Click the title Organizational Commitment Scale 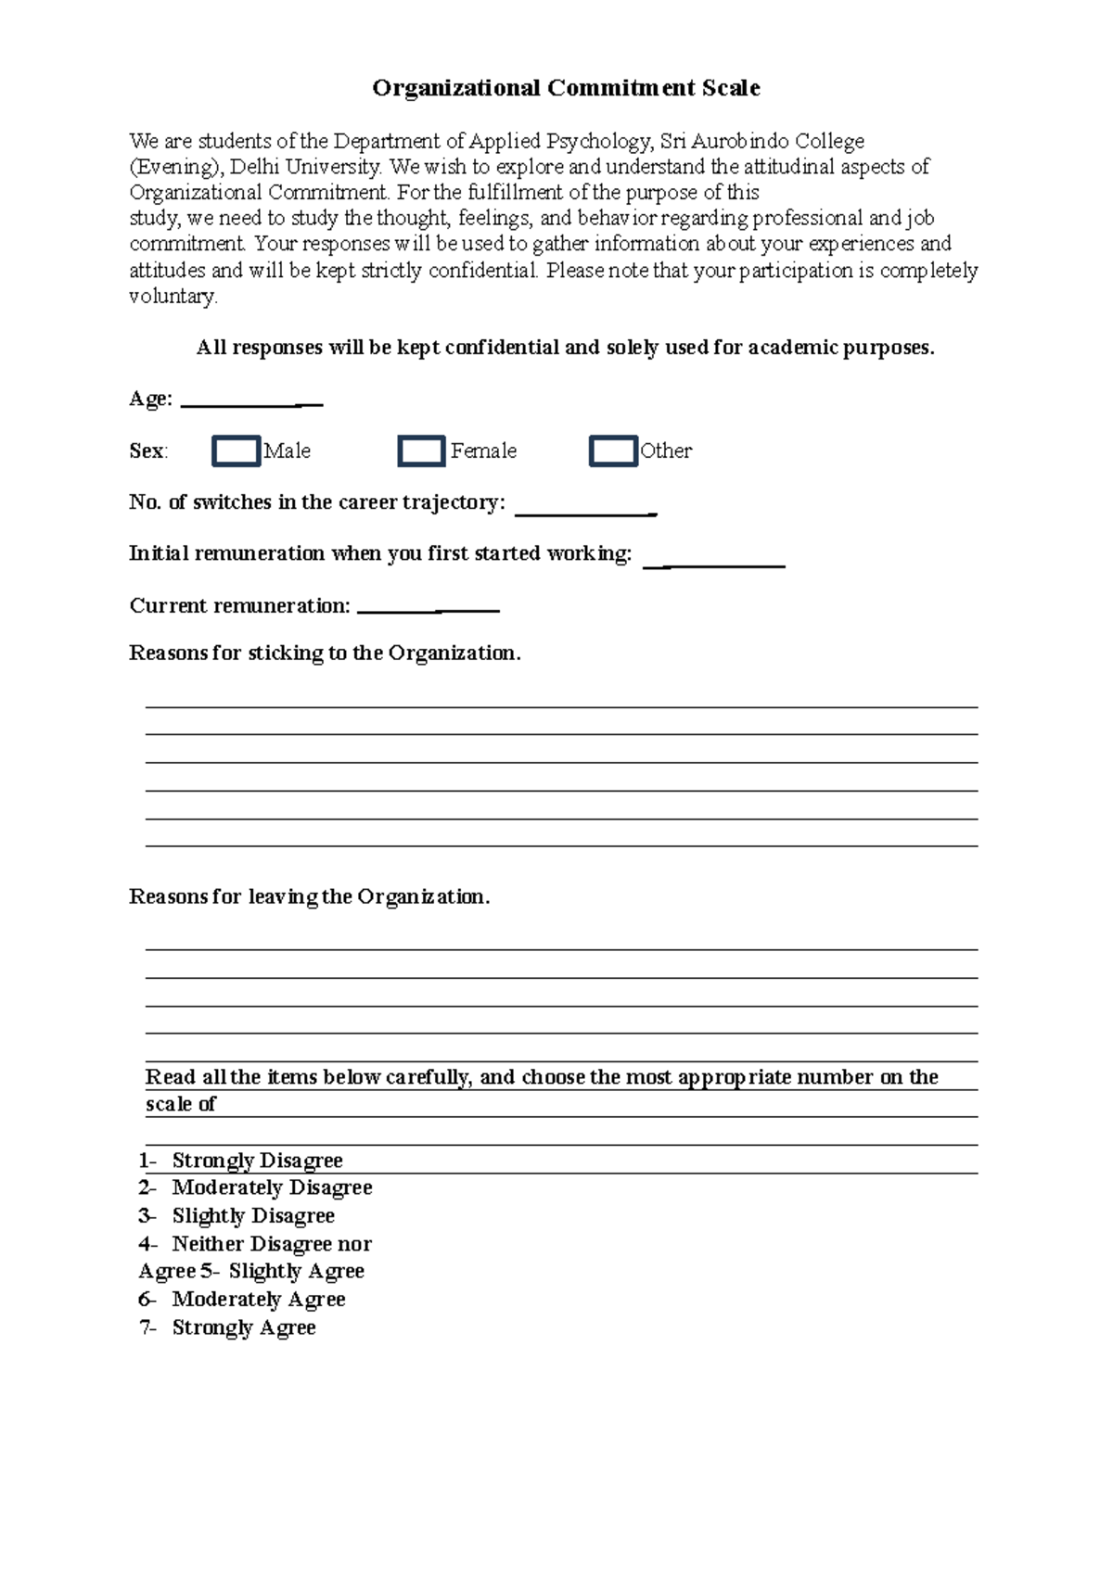566,88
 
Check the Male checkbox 236,451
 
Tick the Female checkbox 421,451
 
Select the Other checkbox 613,451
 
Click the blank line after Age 251,401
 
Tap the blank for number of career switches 585,509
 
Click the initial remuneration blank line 714,561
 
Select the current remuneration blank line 428,608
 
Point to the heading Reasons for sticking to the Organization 325,653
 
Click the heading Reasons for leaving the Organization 309,896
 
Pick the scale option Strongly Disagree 257,1161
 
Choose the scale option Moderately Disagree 272,1187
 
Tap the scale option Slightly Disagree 253,1215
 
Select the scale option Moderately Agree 259,1300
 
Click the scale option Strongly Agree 244,1327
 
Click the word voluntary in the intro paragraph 173,297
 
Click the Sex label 147,451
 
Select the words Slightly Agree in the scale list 296,1271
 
